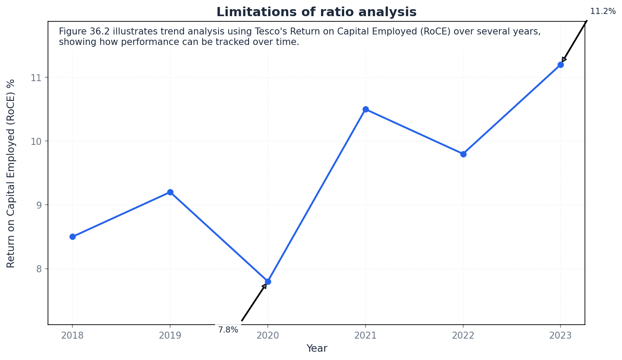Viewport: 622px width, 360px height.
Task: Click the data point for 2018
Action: point(72,237)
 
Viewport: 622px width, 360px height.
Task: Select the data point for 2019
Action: point(170,192)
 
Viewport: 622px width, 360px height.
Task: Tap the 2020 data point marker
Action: point(268,281)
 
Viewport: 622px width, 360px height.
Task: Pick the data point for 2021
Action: point(366,109)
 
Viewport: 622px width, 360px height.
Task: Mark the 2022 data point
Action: point(463,154)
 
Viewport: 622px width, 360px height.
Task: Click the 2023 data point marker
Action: point(560,65)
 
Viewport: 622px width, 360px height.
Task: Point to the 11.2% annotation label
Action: point(603,11)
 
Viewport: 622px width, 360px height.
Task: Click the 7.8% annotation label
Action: point(228,330)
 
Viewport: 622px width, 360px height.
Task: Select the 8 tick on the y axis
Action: point(39,269)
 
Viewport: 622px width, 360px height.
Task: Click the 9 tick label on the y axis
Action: point(39,205)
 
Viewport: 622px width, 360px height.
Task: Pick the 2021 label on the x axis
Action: point(366,335)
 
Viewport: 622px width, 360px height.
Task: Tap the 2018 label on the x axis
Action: point(72,335)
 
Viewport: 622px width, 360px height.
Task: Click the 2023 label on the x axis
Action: point(560,335)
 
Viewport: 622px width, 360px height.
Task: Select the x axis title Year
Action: point(317,349)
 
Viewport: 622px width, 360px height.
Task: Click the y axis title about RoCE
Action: point(11,173)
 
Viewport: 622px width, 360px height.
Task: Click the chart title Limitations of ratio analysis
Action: point(316,12)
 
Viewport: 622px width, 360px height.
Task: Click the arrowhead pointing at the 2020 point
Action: point(264,286)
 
